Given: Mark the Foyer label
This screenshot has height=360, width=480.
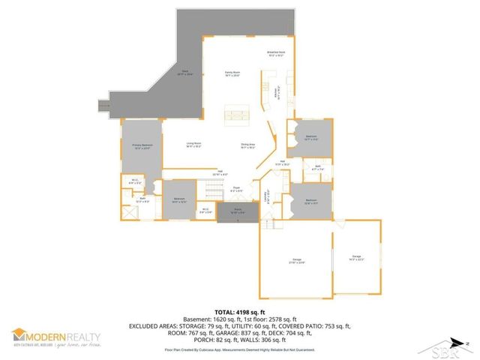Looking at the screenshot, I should (x=235, y=189).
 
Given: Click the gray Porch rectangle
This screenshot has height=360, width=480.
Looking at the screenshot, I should (x=237, y=213).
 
